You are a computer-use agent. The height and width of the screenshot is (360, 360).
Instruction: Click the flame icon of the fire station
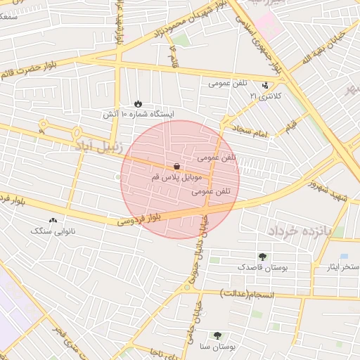(138, 103)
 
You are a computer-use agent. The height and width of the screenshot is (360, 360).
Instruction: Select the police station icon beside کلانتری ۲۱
(264, 85)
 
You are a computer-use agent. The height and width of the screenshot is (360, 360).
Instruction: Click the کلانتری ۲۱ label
(266, 95)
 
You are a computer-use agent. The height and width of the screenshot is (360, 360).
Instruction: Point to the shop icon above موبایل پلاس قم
(175, 167)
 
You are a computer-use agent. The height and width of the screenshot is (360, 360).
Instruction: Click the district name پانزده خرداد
(297, 230)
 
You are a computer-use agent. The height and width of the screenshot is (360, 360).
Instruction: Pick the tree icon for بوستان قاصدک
(262, 257)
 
